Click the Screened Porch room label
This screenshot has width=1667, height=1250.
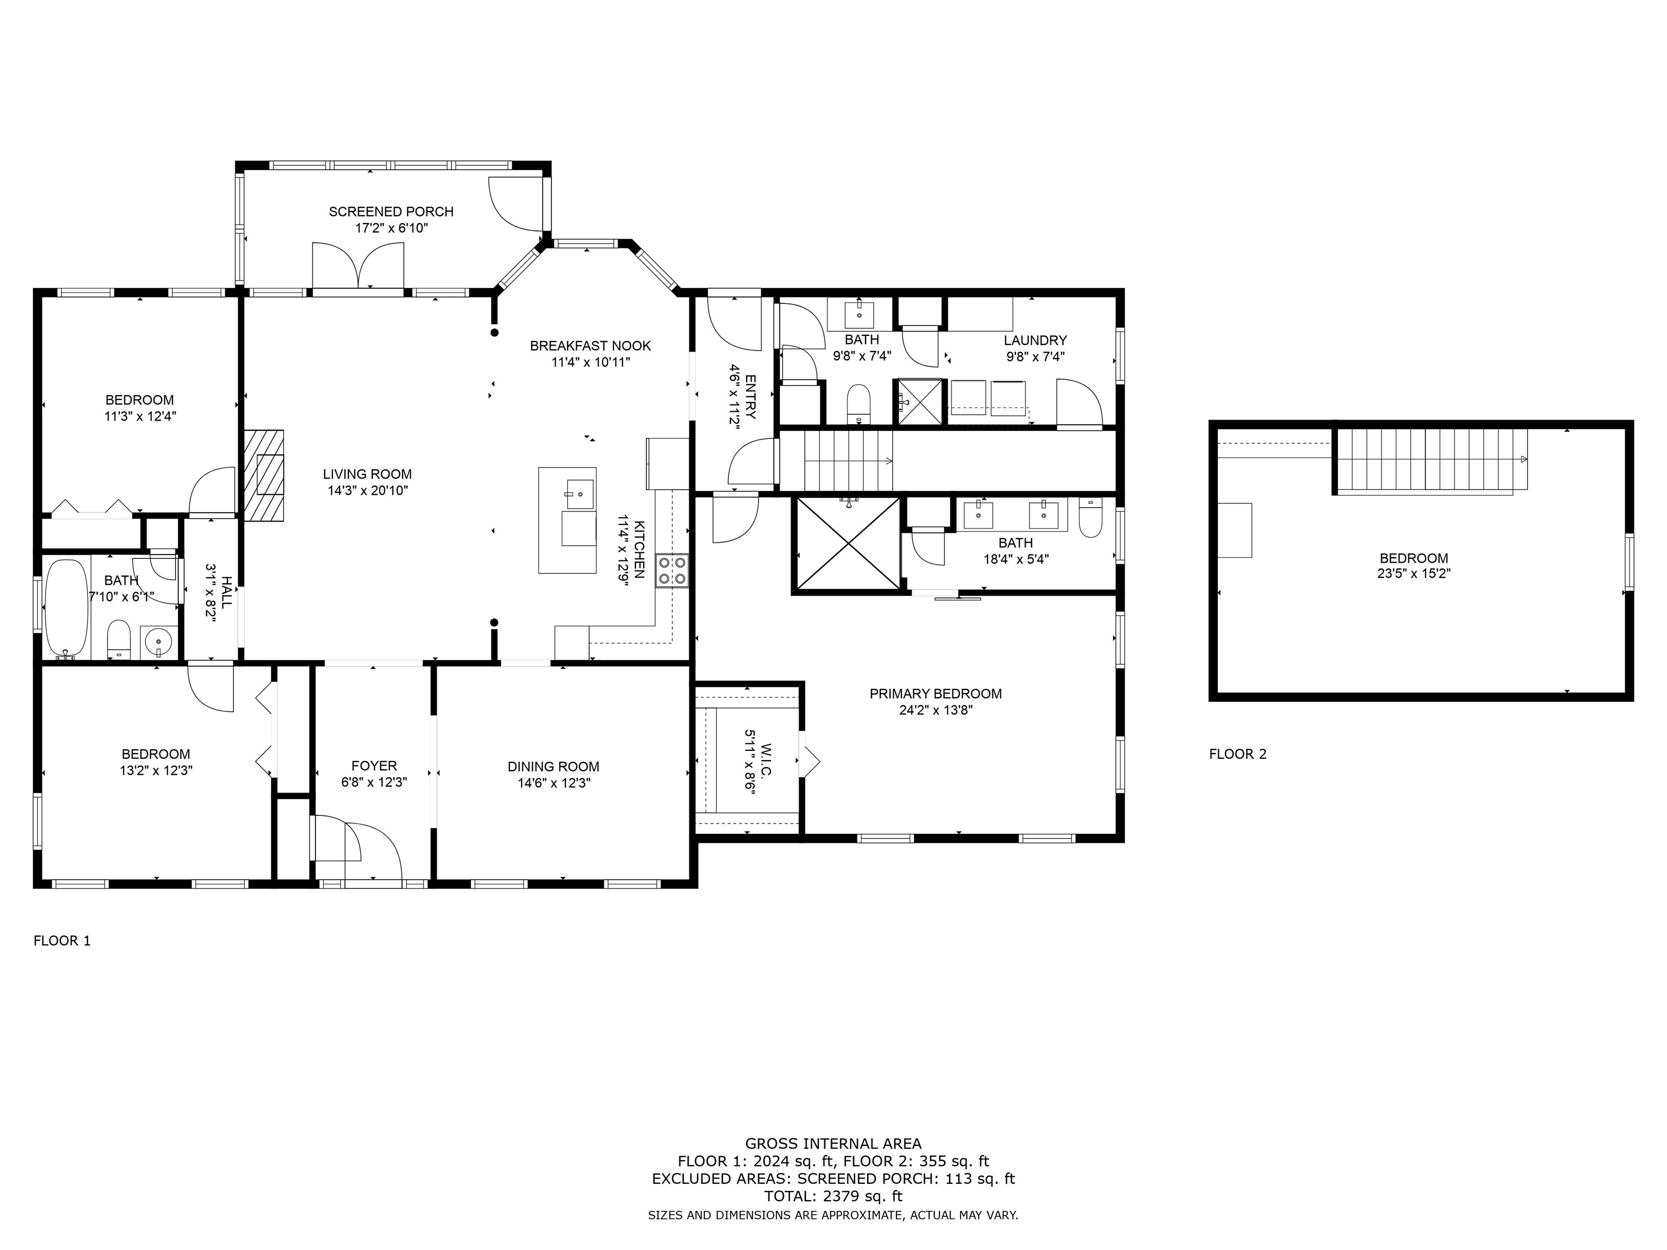pyautogui.click(x=391, y=212)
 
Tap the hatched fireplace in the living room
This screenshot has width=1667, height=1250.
pyautogui.click(x=263, y=475)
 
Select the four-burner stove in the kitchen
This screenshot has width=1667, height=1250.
pyautogui.click(x=671, y=570)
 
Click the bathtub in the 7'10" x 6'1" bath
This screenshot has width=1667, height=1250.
pyautogui.click(x=66, y=608)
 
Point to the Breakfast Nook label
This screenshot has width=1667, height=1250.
pyautogui.click(x=590, y=346)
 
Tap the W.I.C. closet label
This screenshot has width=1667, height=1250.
pyautogui.click(x=766, y=761)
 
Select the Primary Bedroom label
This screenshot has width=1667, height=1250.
pyautogui.click(x=935, y=694)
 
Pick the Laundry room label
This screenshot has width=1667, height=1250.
pyautogui.click(x=1035, y=341)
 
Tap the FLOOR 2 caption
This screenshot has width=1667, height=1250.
pyautogui.click(x=1237, y=754)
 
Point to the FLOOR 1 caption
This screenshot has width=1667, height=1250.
pyautogui.click(x=62, y=940)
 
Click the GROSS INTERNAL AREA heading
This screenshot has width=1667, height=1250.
pyautogui.click(x=833, y=1144)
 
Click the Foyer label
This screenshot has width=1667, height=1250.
pyautogui.click(x=374, y=766)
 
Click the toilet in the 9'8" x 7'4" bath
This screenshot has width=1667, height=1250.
pyautogui.click(x=858, y=404)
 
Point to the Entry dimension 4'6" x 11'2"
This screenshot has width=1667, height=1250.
pyautogui.click(x=734, y=396)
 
